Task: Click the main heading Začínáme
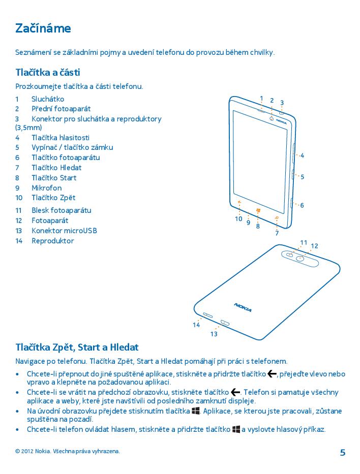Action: [43, 28]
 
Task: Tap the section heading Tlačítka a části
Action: [48, 73]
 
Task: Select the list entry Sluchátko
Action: [48, 99]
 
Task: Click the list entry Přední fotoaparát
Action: [61, 109]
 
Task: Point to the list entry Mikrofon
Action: [46, 187]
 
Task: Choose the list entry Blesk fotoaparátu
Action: [61, 210]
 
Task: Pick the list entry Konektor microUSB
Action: [64, 231]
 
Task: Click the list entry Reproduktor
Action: [52, 241]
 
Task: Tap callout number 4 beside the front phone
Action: [302, 155]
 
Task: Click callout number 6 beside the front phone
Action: [302, 205]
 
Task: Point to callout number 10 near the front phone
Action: [238, 219]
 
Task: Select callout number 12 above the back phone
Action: [314, 246]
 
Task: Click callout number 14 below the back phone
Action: [196, 325]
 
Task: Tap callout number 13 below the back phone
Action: [214, 334]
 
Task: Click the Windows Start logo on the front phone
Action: [258, 210]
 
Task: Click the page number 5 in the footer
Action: [342, 453]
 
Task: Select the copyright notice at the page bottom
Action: [68, 451]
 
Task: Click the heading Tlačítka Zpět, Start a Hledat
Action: [77, 347]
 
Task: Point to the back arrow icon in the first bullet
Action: [272, 374]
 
